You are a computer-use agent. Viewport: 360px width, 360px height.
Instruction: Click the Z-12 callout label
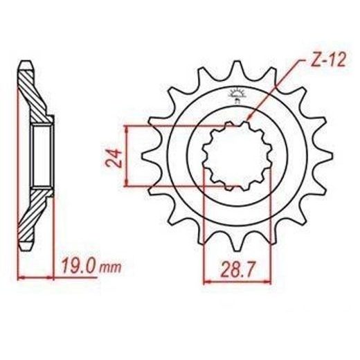[x=328, y=60]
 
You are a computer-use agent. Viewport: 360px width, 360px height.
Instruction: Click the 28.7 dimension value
[x=238, y=270]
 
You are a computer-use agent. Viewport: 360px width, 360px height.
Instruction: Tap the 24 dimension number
[x=114, y=158]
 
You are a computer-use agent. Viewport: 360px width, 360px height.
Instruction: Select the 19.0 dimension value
[x=78, y=267]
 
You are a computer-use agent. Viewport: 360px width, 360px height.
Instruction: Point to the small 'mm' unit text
[x=110, y=269]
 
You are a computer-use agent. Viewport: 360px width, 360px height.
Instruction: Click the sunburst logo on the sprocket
[x=237, y=96]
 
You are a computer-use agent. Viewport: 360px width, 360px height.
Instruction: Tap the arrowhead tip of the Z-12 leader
[x=246, y=120]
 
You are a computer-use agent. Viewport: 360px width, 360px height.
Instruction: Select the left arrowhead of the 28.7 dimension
[x=205, y=282]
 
